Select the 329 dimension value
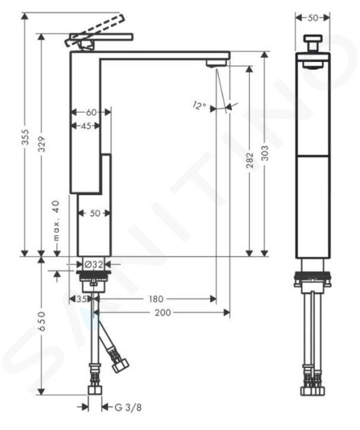click(x=42, y=144)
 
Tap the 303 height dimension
click(x=265, y=153)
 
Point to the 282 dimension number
click(x=250, y=160)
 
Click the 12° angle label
click(x=199, y=105)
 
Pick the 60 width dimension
click(x=91, y=112)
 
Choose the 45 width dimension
click(x=86, y=126)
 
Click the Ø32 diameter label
click(x=94, y=264)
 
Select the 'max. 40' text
click(x=56, y=220)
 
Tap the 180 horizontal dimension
click(x=155, y=299)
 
